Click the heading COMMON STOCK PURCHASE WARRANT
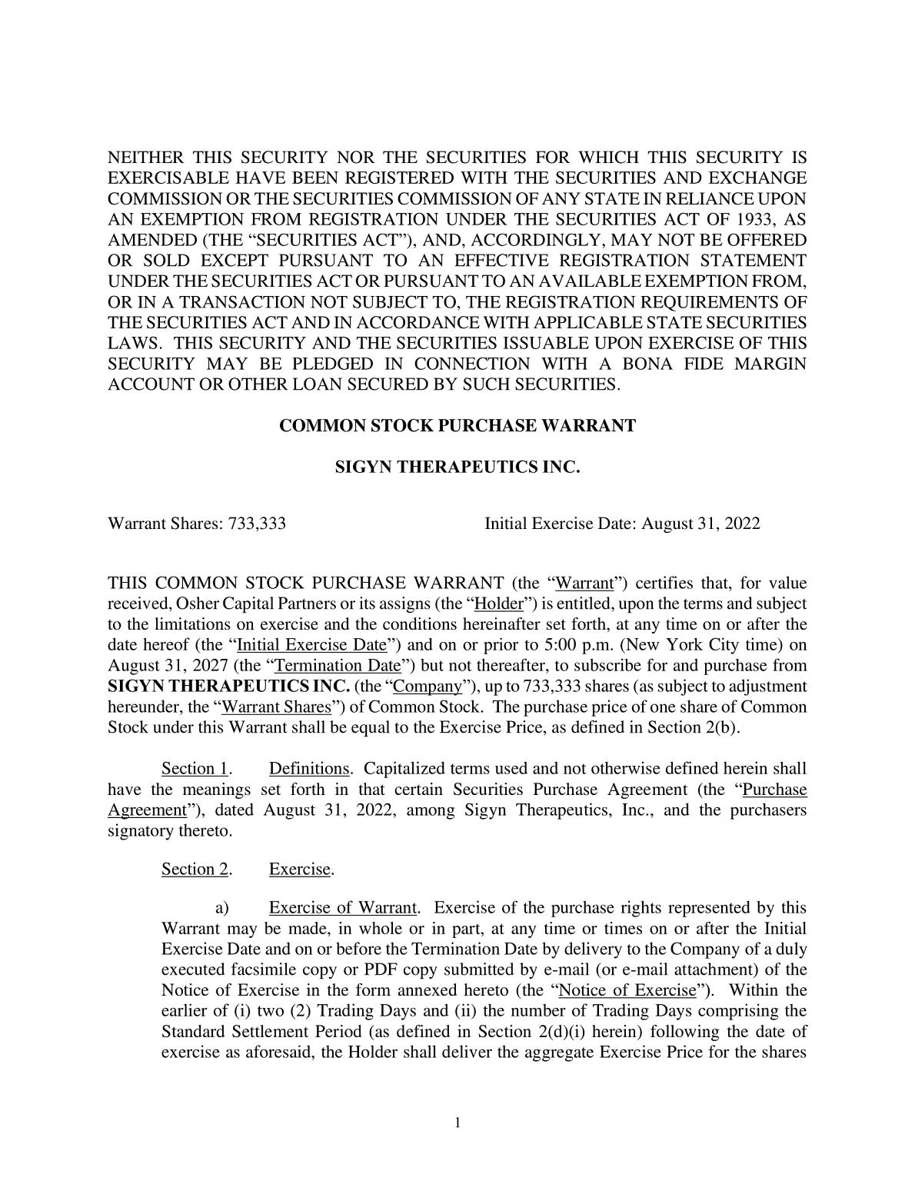[457, 425]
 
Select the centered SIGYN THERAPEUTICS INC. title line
[457, 467]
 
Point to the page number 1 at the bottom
[457, 1123]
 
